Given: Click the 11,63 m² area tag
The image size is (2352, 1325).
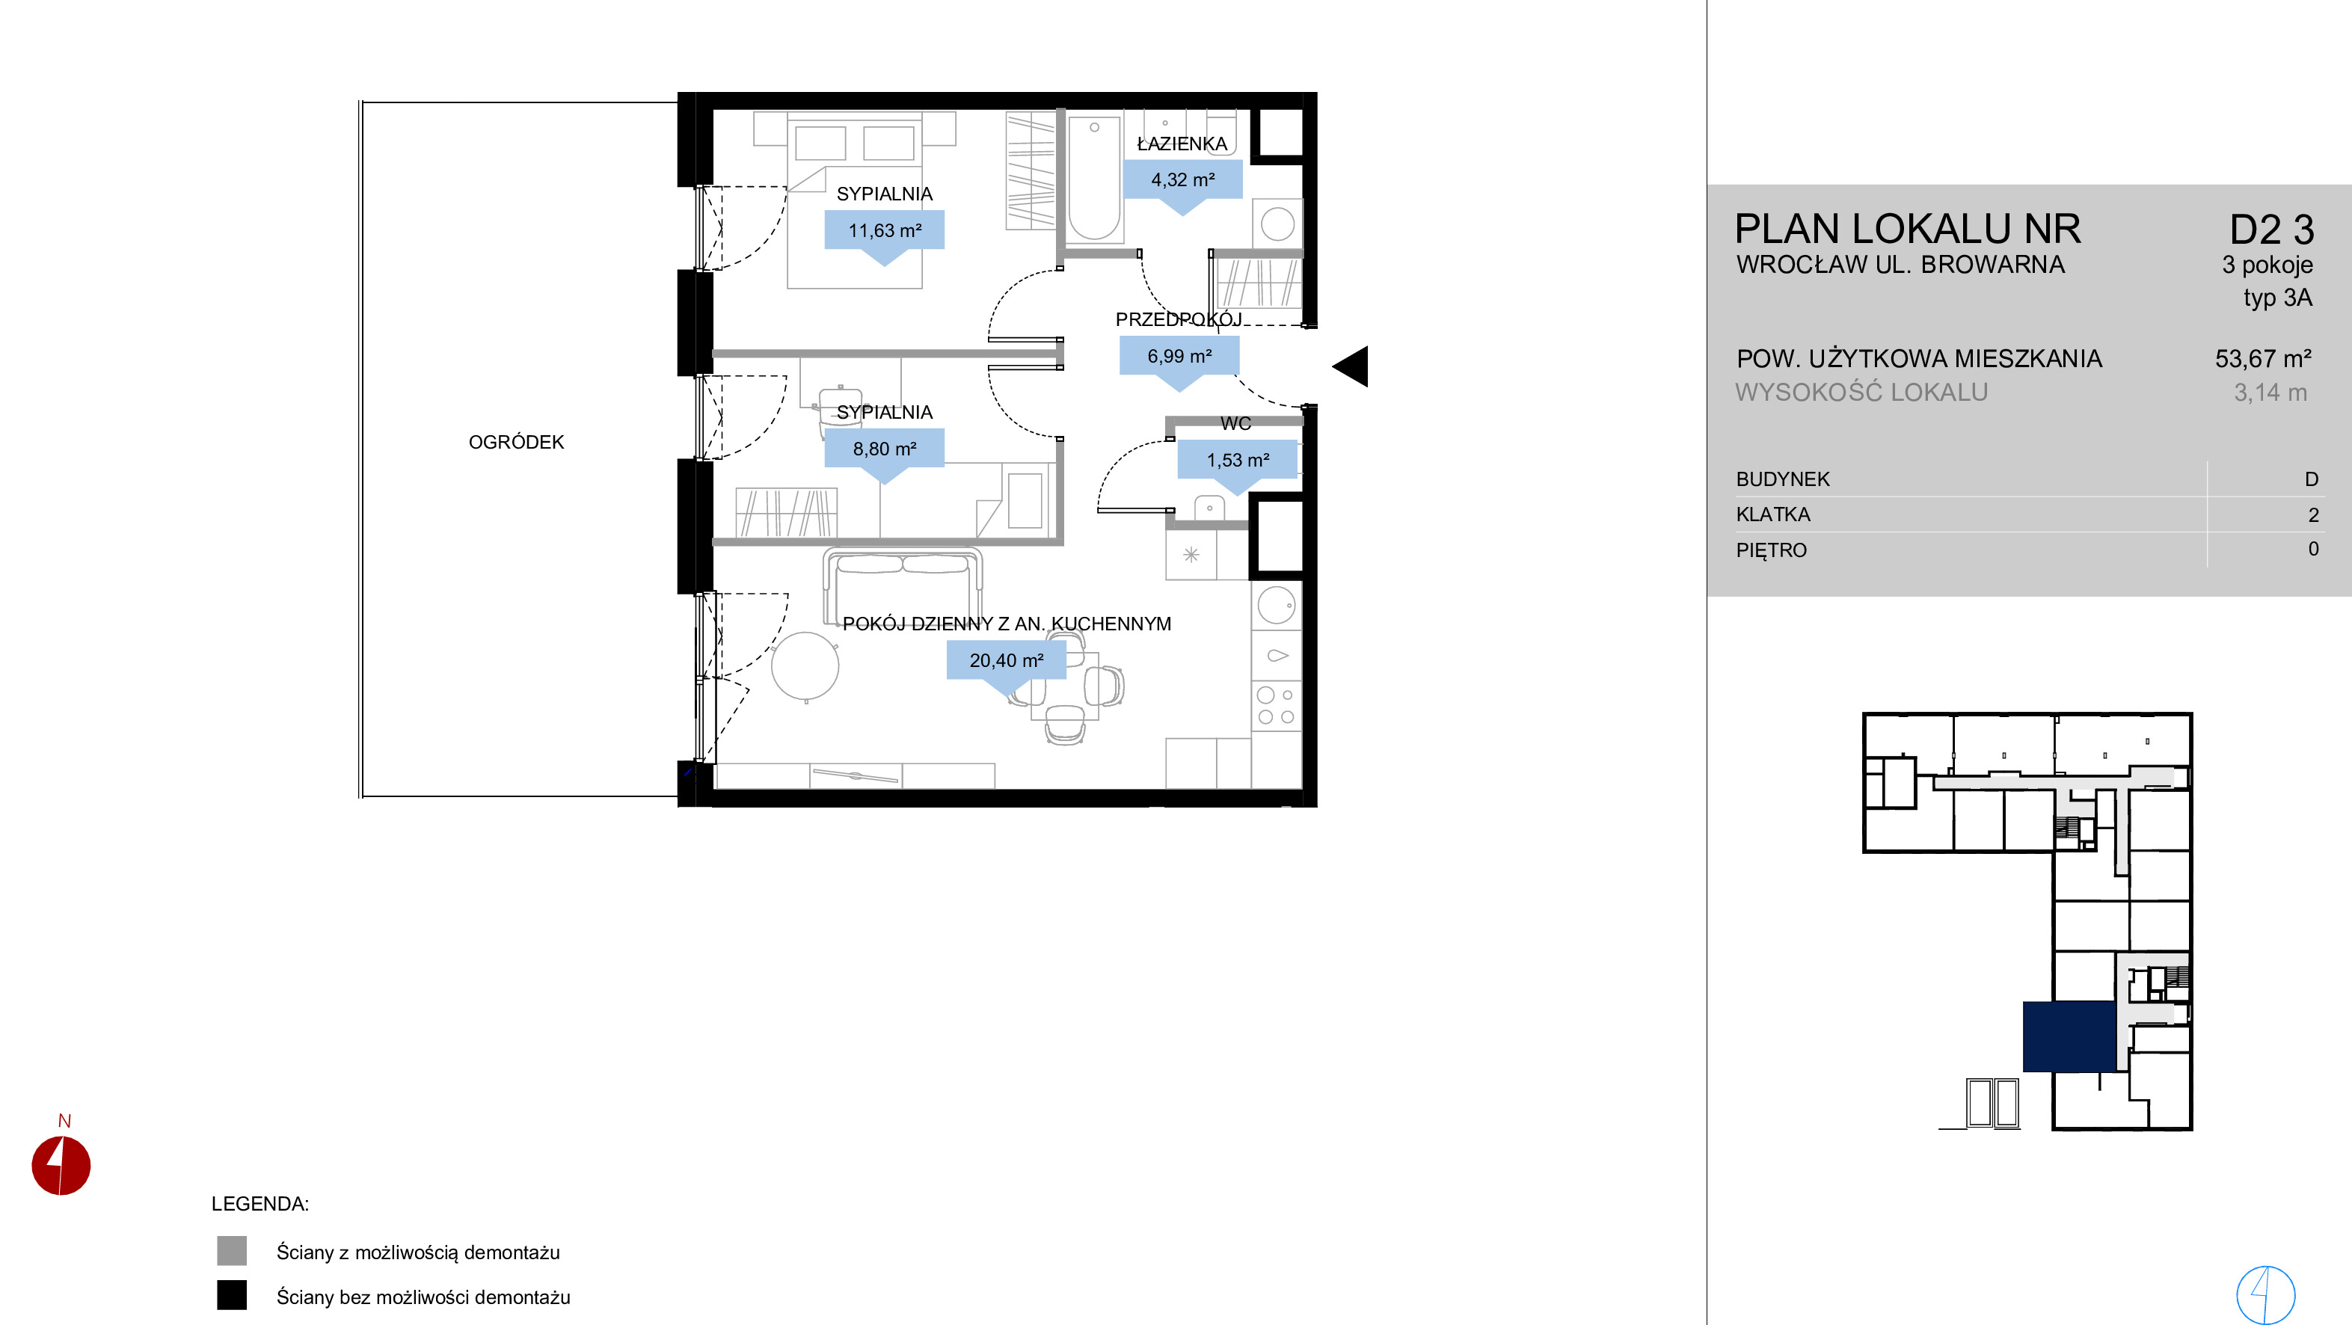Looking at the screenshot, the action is pos(884,230).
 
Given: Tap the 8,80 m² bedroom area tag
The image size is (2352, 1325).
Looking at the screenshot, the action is pos(884,449).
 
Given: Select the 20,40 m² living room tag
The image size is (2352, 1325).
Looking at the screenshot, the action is pos(1005,660).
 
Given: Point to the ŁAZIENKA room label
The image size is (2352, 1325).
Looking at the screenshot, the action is pos(1182,144).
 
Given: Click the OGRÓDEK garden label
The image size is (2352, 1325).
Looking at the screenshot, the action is pos(516,442).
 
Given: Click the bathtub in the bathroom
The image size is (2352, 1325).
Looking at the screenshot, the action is pos(1094,178).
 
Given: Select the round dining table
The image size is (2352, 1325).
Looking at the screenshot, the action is pos(805,666).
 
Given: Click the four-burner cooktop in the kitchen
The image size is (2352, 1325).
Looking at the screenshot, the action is pos(1276,706).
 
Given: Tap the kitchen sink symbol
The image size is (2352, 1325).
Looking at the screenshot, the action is pos(1277,655).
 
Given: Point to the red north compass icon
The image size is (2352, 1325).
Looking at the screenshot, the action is pos(61,1165).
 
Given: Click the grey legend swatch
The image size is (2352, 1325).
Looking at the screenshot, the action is pos(232,1250).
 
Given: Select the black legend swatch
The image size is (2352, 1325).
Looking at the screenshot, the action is pos(232,1295).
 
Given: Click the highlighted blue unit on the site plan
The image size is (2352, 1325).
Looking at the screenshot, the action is pos(2069,1036).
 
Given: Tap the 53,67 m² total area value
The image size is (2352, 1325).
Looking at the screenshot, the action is pos(2262,359).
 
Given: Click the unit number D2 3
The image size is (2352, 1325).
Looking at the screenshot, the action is pos(2272,230).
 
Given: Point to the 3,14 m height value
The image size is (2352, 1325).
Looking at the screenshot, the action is pos(2270,393).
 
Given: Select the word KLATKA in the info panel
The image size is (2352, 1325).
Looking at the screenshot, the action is pos(1772,514).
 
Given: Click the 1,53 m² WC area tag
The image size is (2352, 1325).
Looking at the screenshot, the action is pos(1237,460).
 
